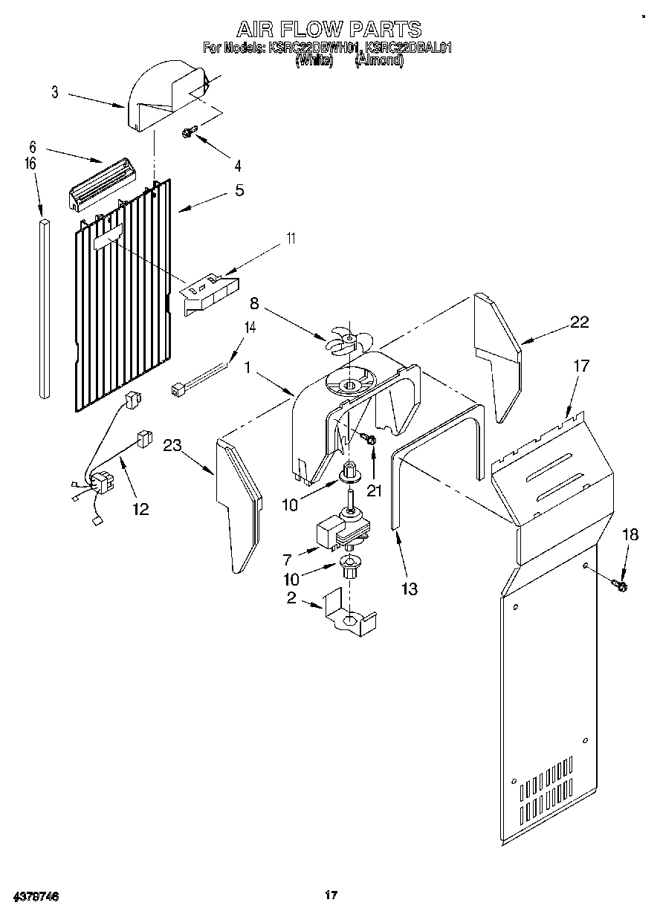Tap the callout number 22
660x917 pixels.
[579, 322]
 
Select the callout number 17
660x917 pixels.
[581, 366]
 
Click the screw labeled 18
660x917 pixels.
[619, 586]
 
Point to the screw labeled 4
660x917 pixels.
[189, 132]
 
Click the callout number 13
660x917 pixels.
[408, 589]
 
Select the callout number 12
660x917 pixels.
[140, 509]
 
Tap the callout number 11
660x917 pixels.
[291, 239]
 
